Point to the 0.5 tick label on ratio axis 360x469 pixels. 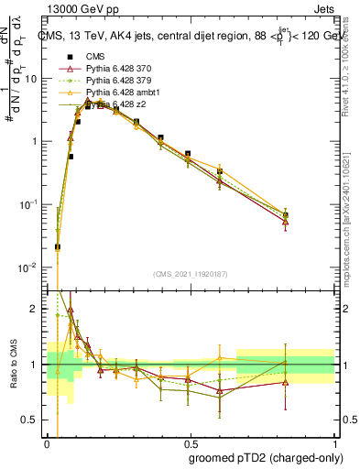[x=33, y=420]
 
